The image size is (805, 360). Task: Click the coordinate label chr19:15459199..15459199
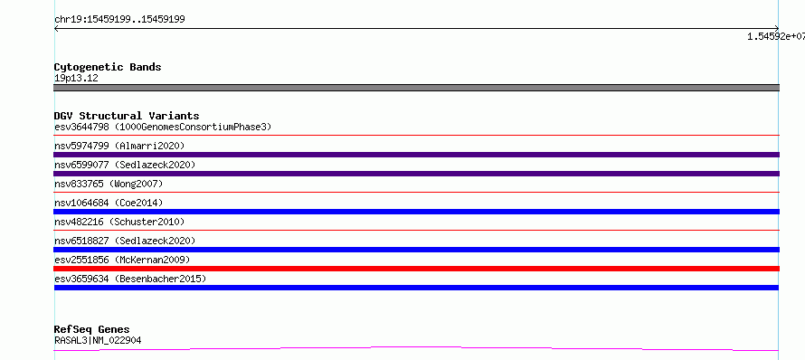pyautogui.click(x=119, y=20)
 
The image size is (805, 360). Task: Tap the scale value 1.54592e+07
pyautogui.click(x=776, y=36)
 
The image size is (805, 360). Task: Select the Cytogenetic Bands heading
pyautogui.click(x=108, y=67)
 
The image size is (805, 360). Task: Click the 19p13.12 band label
pyautogui.click(x=76, y=79)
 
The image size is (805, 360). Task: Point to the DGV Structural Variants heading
pyautogui.click(x=127, y=116)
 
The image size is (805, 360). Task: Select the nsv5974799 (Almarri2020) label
pyautogui.click(x=119, y=146)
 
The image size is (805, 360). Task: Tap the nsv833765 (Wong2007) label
pyautogui.click(x=109, y=184)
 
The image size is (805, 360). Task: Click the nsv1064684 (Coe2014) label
pyautogui.click(x=109, y=203)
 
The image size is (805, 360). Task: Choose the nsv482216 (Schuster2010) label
pyautogui.click(x=119, y=222)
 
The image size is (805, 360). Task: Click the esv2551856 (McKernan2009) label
pyautogui.click(x=122, y=260)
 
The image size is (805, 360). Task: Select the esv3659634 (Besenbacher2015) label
pyautogui.click(x=130, y=279)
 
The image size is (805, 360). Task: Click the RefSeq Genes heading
pyautogui.click(x=92, y=329)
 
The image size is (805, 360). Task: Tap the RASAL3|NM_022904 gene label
pyautogui.click(x=98, y=340)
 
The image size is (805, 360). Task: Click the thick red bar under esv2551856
pyautogui.click(x=416, y=269)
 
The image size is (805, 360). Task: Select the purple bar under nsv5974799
pyautogui.click(x=416, y=155)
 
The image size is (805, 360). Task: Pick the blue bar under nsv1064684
pyautogui.click(x=416, y=212)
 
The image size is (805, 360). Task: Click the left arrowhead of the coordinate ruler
pyautogui.click(x=55, y=29)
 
